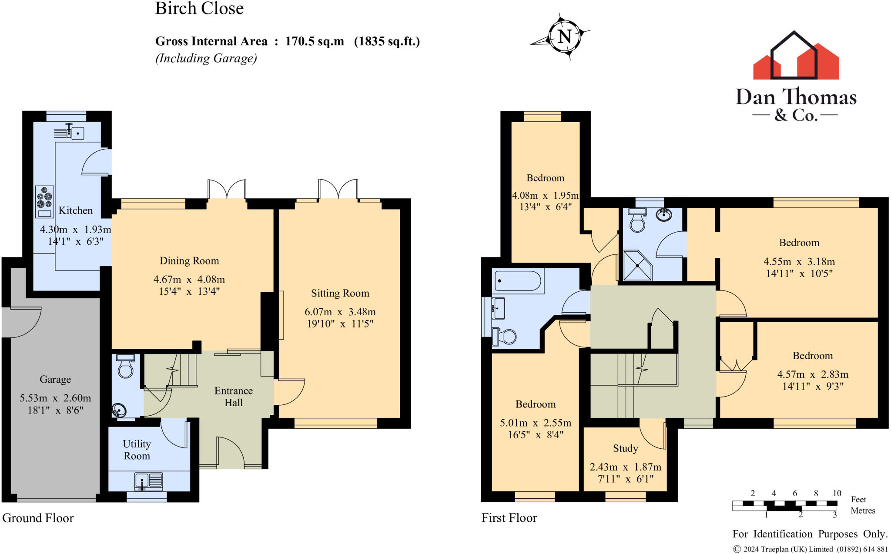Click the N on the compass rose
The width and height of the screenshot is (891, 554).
coord(565,36)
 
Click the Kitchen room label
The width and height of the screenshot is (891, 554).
coord(76,210)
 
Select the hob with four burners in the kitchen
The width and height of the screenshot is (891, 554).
coord(44,202)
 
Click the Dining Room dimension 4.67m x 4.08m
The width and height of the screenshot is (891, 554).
coord(189,279)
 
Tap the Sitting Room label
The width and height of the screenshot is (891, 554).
coord(340,293)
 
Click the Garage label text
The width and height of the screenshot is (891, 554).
coord(55,379)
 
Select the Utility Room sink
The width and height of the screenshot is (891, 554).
coord(149,481)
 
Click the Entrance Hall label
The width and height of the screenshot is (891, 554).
coord(234,397)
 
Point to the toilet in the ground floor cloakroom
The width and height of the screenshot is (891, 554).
coord(125,366)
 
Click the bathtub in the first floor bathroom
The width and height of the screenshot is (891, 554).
coord(518,281)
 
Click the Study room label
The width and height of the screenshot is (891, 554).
coord(626,448)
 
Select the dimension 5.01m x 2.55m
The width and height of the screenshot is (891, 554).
coord(536,423)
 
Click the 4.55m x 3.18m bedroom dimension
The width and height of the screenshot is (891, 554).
coord(799,261)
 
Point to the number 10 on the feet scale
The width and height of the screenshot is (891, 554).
coord(837,493)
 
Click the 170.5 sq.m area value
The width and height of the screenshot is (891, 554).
coord(315,41)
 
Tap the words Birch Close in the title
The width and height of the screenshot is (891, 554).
coord(199,9)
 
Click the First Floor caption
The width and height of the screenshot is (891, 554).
coord(509,518)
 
